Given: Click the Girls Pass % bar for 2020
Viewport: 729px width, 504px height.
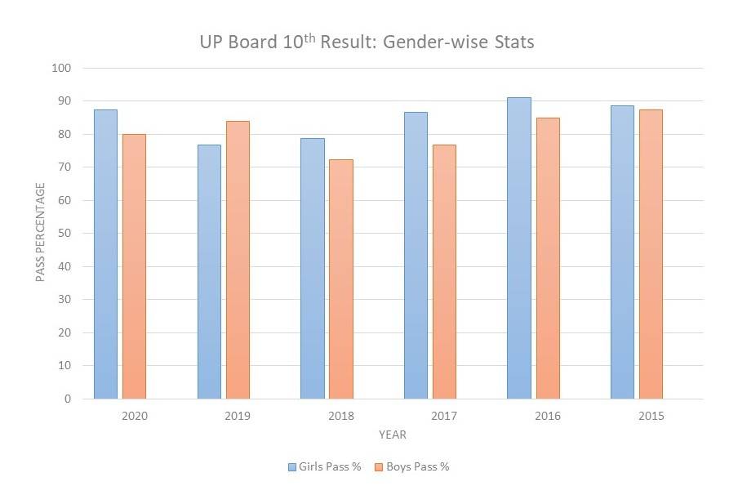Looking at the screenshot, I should point(105,254).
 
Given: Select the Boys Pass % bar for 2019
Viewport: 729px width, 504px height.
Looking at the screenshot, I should point(238,260).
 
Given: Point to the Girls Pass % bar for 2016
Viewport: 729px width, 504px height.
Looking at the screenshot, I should point(518,248).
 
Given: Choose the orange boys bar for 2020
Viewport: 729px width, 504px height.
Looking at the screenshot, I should point(134,266).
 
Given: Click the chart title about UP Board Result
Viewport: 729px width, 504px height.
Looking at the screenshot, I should point(367,42).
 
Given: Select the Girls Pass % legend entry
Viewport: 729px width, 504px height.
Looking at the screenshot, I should point(324,467).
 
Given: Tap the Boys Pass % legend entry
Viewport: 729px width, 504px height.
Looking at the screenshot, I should point(411,467).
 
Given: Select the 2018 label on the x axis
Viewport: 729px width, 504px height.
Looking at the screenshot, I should point(340,416).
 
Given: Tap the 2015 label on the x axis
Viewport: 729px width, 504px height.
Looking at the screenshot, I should point(651,416).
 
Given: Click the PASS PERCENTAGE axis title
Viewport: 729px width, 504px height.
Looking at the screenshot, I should point(40,233).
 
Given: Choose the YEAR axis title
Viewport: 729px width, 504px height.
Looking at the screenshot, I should point(393,435).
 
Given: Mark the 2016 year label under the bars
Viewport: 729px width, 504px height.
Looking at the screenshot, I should point(547,416).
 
